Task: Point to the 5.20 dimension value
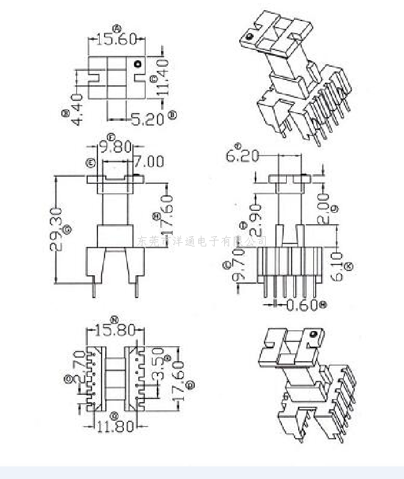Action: click(x=147, y=120)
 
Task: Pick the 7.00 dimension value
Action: click(x=148, y=162)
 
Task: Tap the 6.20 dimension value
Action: click(x=242, y=156)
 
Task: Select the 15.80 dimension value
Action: click(x=114, y=331)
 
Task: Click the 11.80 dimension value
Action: click(x=114, y=426)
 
